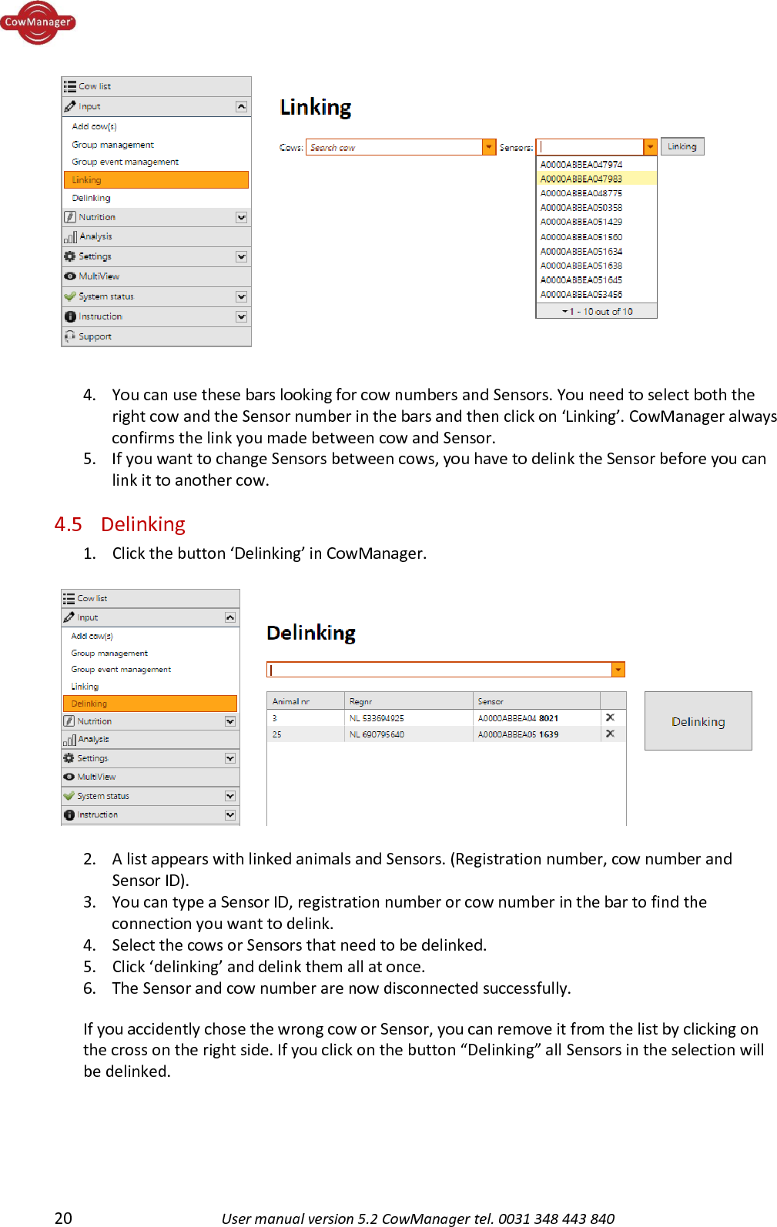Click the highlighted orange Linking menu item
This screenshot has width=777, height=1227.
pos(156,180)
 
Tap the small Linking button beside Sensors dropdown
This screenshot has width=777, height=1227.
pos(682,146)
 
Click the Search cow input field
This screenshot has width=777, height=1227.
pos(394,147)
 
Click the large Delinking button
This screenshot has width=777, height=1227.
pos(698,721)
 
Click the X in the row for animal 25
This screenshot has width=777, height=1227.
pos(610,734)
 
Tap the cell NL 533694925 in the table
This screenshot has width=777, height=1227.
pos(377,718)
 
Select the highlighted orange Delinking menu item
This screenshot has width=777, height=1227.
pos(149,704)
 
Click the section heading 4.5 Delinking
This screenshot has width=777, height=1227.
pos(120,524)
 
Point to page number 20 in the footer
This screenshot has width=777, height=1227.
pos(63,1218)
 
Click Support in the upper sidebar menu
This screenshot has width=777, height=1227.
pos(95,336)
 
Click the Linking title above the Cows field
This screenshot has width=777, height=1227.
pos(315,107)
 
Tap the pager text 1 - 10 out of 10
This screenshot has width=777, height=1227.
pos(598,312)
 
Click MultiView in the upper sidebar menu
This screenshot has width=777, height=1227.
pos(99,276)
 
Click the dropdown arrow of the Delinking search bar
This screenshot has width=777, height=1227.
pos(618,670)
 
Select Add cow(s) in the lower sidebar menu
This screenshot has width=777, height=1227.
pos(92,636)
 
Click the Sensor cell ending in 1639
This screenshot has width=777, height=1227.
pos(517,734)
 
